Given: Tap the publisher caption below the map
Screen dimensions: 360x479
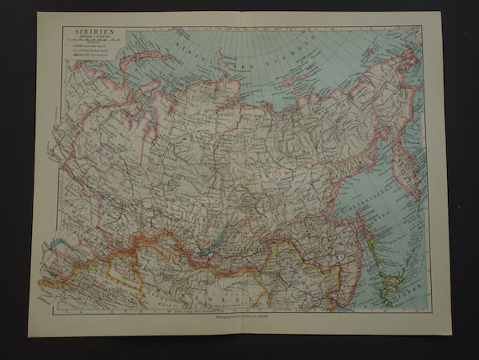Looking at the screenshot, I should [241, 321].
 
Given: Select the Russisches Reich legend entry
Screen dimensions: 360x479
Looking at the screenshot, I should [80, 56].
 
